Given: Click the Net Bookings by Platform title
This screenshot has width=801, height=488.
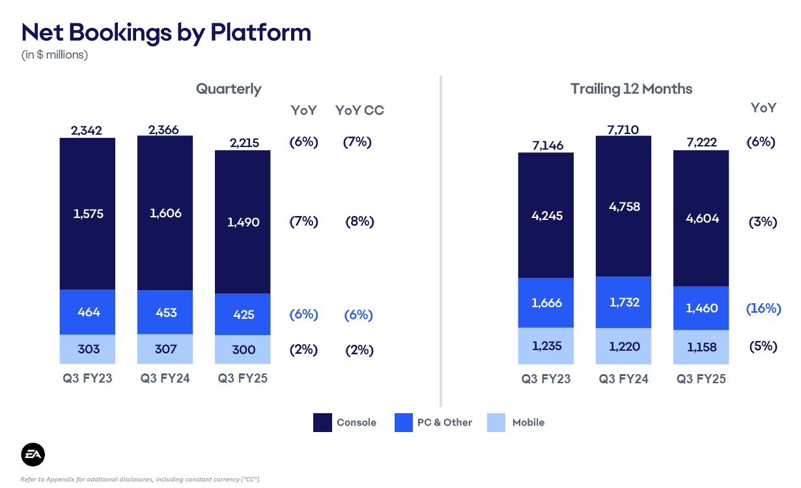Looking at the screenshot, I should [x=166, y=32].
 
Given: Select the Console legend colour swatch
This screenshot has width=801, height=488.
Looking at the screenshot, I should [x=322, y=422].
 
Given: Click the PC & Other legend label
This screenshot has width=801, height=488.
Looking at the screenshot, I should [x=444, y=422].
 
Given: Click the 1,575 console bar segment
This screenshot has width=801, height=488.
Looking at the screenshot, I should [x=88, y=213].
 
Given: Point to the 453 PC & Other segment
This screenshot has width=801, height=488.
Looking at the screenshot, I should [x=165, y=312].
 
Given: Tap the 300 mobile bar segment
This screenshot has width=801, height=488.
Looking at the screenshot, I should [x=242, y=349].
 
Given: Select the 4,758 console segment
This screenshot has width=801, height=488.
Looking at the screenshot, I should [x=623, y=207].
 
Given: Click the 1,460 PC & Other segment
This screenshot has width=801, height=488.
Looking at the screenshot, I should [x=701, y=308].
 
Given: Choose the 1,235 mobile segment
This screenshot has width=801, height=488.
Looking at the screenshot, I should [x=546, y=346].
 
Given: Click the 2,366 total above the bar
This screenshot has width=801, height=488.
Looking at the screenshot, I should [x=163, y=130].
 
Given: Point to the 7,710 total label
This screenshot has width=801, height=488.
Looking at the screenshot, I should [x=623, y=130].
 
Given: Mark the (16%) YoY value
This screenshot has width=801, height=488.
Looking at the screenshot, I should [x=763, y=308].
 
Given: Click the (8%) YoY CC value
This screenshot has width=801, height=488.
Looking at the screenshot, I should [x=359, y=221].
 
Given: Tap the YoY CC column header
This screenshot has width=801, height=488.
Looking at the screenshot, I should [x=359, y=110].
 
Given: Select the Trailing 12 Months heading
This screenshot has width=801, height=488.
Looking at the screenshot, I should [x=631, y=88].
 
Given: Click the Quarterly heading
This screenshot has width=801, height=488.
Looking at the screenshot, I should [x=229, y=88].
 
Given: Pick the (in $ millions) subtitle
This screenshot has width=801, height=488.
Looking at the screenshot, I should [x=55, y=55].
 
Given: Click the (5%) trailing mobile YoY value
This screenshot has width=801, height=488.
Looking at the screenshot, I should [x=763, y=346].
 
